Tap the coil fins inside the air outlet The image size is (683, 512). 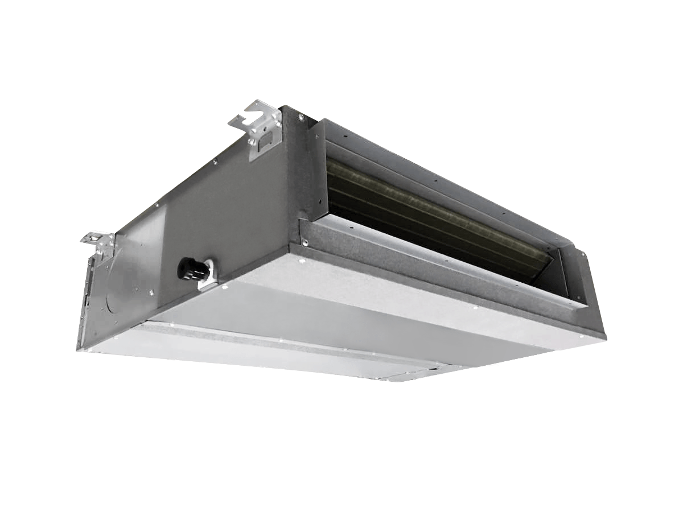coord(433,210)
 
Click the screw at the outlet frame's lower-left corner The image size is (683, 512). coord(305,243)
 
